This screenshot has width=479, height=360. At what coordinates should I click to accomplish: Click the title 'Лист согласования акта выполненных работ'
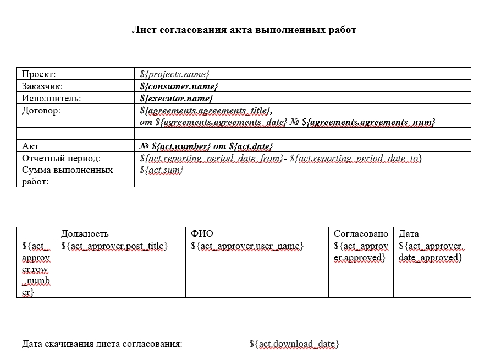pos(244,30)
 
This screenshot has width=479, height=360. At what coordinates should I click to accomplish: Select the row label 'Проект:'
pos(39,74)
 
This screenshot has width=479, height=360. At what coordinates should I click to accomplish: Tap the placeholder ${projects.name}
pos(175,74)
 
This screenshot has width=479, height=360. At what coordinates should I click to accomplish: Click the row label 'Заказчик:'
pos(42,86)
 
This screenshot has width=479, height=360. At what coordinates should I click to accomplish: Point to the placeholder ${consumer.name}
pos(179,86)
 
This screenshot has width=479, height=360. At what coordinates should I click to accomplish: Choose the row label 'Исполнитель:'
pos(51,99)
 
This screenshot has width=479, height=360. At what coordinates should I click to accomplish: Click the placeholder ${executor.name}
pos(177,99)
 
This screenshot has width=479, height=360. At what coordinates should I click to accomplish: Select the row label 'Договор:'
pos(41,111)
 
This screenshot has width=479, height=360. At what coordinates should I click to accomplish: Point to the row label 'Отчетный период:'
pos(61,159)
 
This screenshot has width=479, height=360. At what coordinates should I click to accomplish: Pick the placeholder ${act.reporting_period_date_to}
pos(356,159)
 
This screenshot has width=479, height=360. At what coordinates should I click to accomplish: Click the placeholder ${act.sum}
pos(162,170)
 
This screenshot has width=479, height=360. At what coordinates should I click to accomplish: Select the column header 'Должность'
pos(85,233)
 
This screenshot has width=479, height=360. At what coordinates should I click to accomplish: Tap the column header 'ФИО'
pos(202,233)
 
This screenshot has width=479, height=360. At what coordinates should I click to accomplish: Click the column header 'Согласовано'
pos(361,233)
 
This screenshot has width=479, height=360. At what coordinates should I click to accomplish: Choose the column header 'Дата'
pos(409,233)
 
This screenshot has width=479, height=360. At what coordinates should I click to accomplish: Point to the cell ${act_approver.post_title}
pos(114,246)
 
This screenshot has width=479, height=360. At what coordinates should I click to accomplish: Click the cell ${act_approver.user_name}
pos(247,246)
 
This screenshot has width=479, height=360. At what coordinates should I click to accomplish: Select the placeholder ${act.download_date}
pos(294,344)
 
